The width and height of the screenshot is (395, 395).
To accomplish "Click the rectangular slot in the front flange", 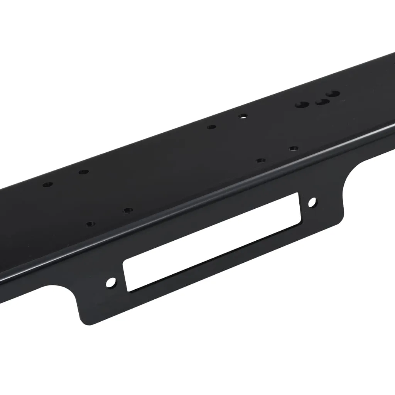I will (211, 241).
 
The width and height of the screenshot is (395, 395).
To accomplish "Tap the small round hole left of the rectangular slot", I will (111, 282).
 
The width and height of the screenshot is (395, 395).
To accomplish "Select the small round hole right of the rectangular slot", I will (312, 202).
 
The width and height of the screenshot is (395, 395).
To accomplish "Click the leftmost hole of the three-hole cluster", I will (302, 105).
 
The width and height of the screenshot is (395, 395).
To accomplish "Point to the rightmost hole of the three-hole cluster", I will (333, 93).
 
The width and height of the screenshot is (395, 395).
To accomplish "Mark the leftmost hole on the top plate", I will (47, 185).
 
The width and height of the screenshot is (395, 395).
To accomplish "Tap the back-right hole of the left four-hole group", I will (84, 172).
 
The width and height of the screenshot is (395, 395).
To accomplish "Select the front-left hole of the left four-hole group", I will (91, 224).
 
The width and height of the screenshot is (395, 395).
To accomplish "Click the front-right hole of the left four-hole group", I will (128, 210).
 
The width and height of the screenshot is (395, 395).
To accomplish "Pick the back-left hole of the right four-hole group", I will (211, 127).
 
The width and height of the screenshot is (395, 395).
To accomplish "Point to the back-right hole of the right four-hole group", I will (243, 116).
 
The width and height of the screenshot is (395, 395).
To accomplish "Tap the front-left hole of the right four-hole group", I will (261, 160).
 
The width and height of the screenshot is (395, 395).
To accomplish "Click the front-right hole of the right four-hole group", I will (294, 148).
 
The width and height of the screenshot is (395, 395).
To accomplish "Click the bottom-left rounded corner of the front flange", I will (83, 321).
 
